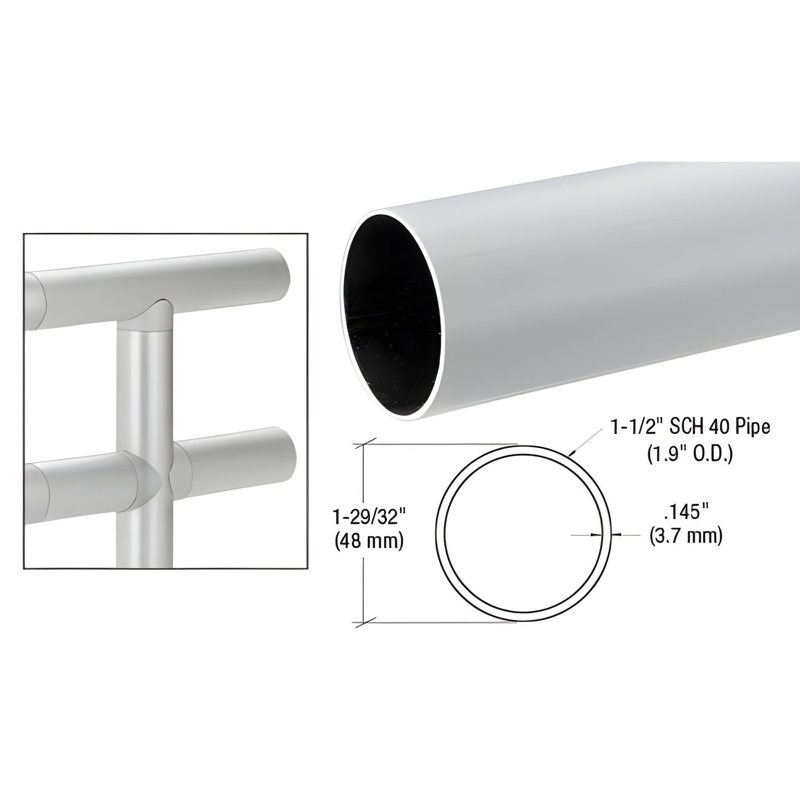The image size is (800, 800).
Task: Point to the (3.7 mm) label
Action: click(x=685, y=535)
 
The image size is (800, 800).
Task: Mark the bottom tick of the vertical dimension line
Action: click(x=364, y=622)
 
